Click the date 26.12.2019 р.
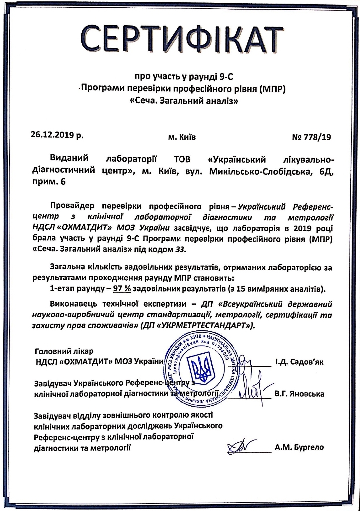click(x=57, y=135)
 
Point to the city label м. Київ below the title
click(x=182, y=136)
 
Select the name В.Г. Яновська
click(x=299, y=393)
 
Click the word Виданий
click(x=68, y=160)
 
